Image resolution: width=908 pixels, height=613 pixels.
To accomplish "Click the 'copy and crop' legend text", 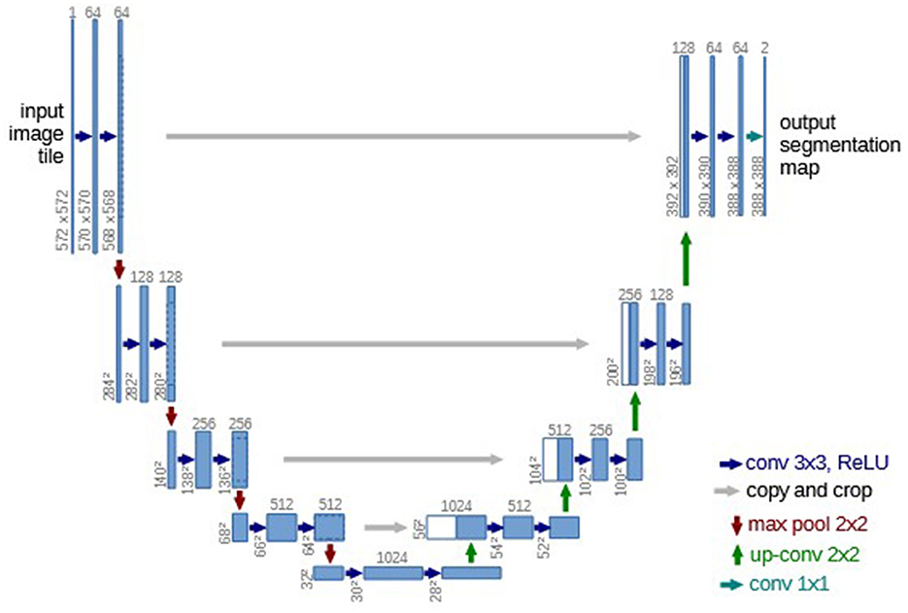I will [809, 491].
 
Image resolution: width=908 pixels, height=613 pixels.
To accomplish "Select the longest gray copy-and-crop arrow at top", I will [404, 137].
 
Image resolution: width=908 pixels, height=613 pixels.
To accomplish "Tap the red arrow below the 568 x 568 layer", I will [119, 267].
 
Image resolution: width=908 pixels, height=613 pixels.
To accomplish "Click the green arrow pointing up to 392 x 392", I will [686, 259].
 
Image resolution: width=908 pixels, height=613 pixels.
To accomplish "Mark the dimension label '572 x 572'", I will [63, 219].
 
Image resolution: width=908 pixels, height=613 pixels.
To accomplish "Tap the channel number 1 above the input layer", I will [72, 11].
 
